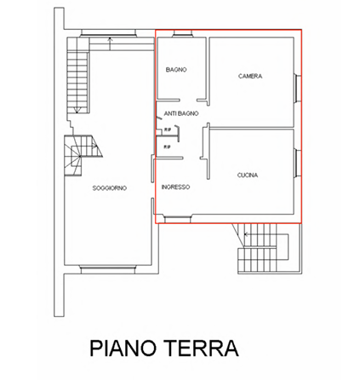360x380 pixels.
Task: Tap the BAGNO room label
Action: [175, 68]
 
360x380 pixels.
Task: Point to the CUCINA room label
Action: [248, 174]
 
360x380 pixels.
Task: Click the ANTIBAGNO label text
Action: [181, 112]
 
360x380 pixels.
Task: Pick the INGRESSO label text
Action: [176, 186]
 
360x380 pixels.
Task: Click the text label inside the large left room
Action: [109, 187]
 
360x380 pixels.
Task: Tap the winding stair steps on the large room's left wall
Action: [78, 153]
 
